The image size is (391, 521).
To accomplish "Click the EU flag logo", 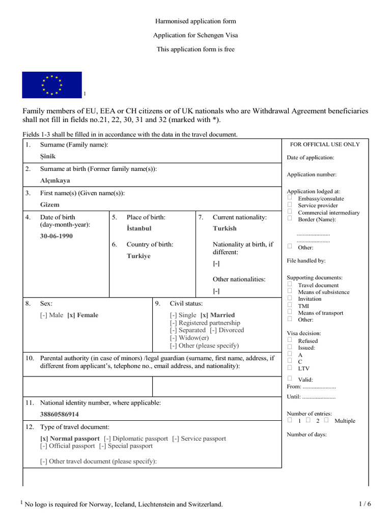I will (x=51, y=84).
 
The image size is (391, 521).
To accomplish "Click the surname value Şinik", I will (x=48, y=156).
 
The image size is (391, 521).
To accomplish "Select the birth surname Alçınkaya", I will (x=55, y=180).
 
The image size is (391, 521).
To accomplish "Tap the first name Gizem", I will (x=50, y=205).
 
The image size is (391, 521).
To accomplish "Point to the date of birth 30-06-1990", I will (x=56, y=237).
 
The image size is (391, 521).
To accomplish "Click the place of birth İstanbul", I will (x=139, y=228).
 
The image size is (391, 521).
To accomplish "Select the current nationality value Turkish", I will (x=225, y=228).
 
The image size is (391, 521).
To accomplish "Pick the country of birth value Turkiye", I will (x=138, y=256).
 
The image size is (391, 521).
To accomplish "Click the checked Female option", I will (x=82, y=315).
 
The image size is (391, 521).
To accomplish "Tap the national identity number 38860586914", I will (x=60, y=414).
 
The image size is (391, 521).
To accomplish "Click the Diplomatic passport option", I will (x=135, y=438).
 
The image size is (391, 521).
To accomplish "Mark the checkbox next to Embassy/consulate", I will (x=290, y=198).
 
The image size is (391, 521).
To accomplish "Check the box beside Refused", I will (x=290, y=340).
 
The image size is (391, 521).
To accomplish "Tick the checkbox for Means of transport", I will (x=290, y=312).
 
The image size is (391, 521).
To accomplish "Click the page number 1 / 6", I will (x=365, y=504).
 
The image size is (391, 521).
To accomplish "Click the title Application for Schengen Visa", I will (x=195, y=35).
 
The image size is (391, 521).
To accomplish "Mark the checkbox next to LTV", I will (x=290, y=367).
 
